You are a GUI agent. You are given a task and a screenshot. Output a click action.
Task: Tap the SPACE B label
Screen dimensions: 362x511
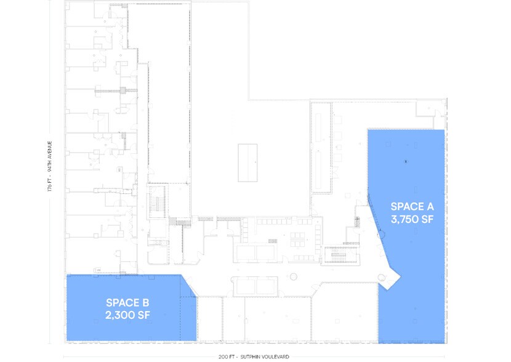tap(127, 303)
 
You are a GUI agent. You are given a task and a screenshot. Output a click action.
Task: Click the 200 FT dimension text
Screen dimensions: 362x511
tap(227, 357)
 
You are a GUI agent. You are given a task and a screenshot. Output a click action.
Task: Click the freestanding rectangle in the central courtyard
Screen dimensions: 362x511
tap(248, 161)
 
